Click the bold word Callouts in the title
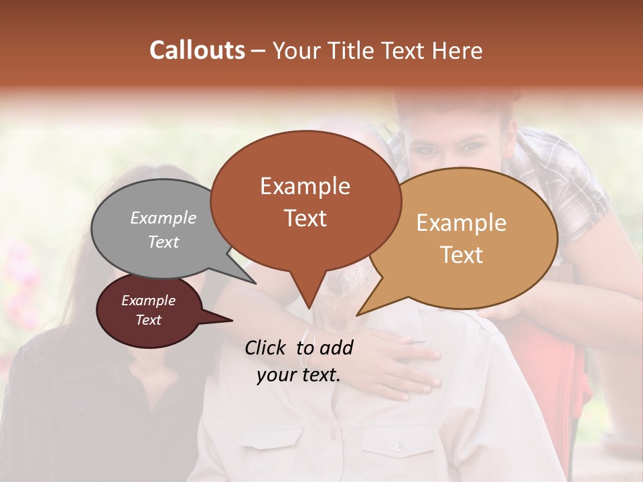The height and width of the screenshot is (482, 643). [x=198, y=50]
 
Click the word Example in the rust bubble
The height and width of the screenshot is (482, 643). [x=305, y=186]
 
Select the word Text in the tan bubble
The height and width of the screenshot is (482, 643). [x=461, y=255]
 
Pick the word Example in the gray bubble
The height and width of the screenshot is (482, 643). [x=163, y=218]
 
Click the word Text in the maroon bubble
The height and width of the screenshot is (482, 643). [x=149, y=320]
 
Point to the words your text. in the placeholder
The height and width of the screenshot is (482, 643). [x=299, y=375]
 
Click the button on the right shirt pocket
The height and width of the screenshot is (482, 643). [x=399, y=447]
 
